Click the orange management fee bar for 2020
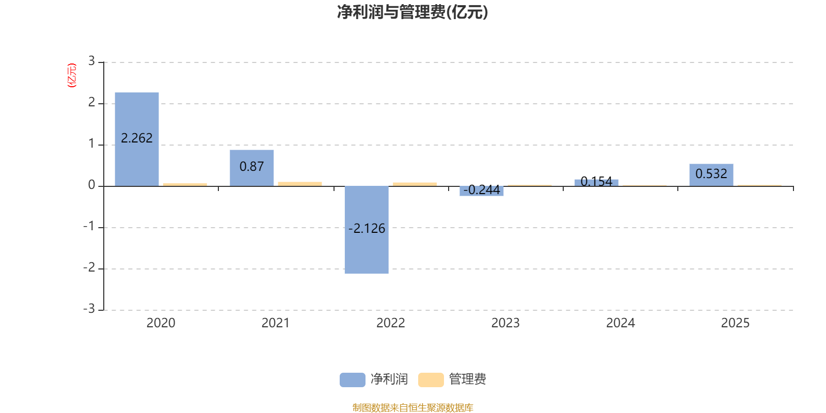click(185, 184)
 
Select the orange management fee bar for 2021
click(300, 183)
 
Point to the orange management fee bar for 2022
click(415, 184)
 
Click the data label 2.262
click(137, 138)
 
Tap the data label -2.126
click(367, 228)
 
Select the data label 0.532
click(711, 174)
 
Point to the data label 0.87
click(252, 167)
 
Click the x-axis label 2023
click(505, 323)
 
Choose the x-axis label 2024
click(621, 323)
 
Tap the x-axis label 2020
click(161, 323)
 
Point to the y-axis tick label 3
click(91, 61)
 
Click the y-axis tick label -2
click(89, 267)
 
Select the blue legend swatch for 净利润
click(352, 379)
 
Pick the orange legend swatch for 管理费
click(431, 379)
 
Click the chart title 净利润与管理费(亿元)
click(412, 12)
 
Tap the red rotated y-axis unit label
click(72, 75)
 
